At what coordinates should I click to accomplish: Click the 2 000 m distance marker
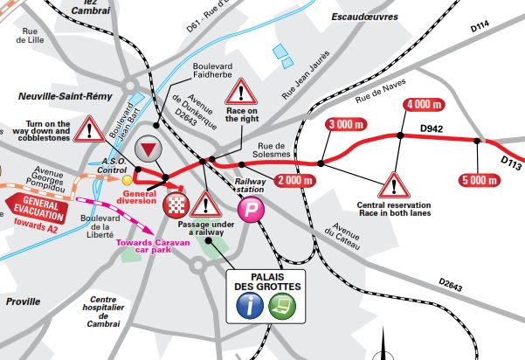[293, 181]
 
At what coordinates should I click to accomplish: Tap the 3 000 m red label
[343, 125]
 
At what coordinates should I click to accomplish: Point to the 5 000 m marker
[479, 181]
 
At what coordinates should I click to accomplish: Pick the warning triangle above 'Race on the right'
[241, 90]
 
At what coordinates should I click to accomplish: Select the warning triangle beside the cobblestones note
[89, 130]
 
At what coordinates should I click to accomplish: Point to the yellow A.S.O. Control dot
[126, 180]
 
